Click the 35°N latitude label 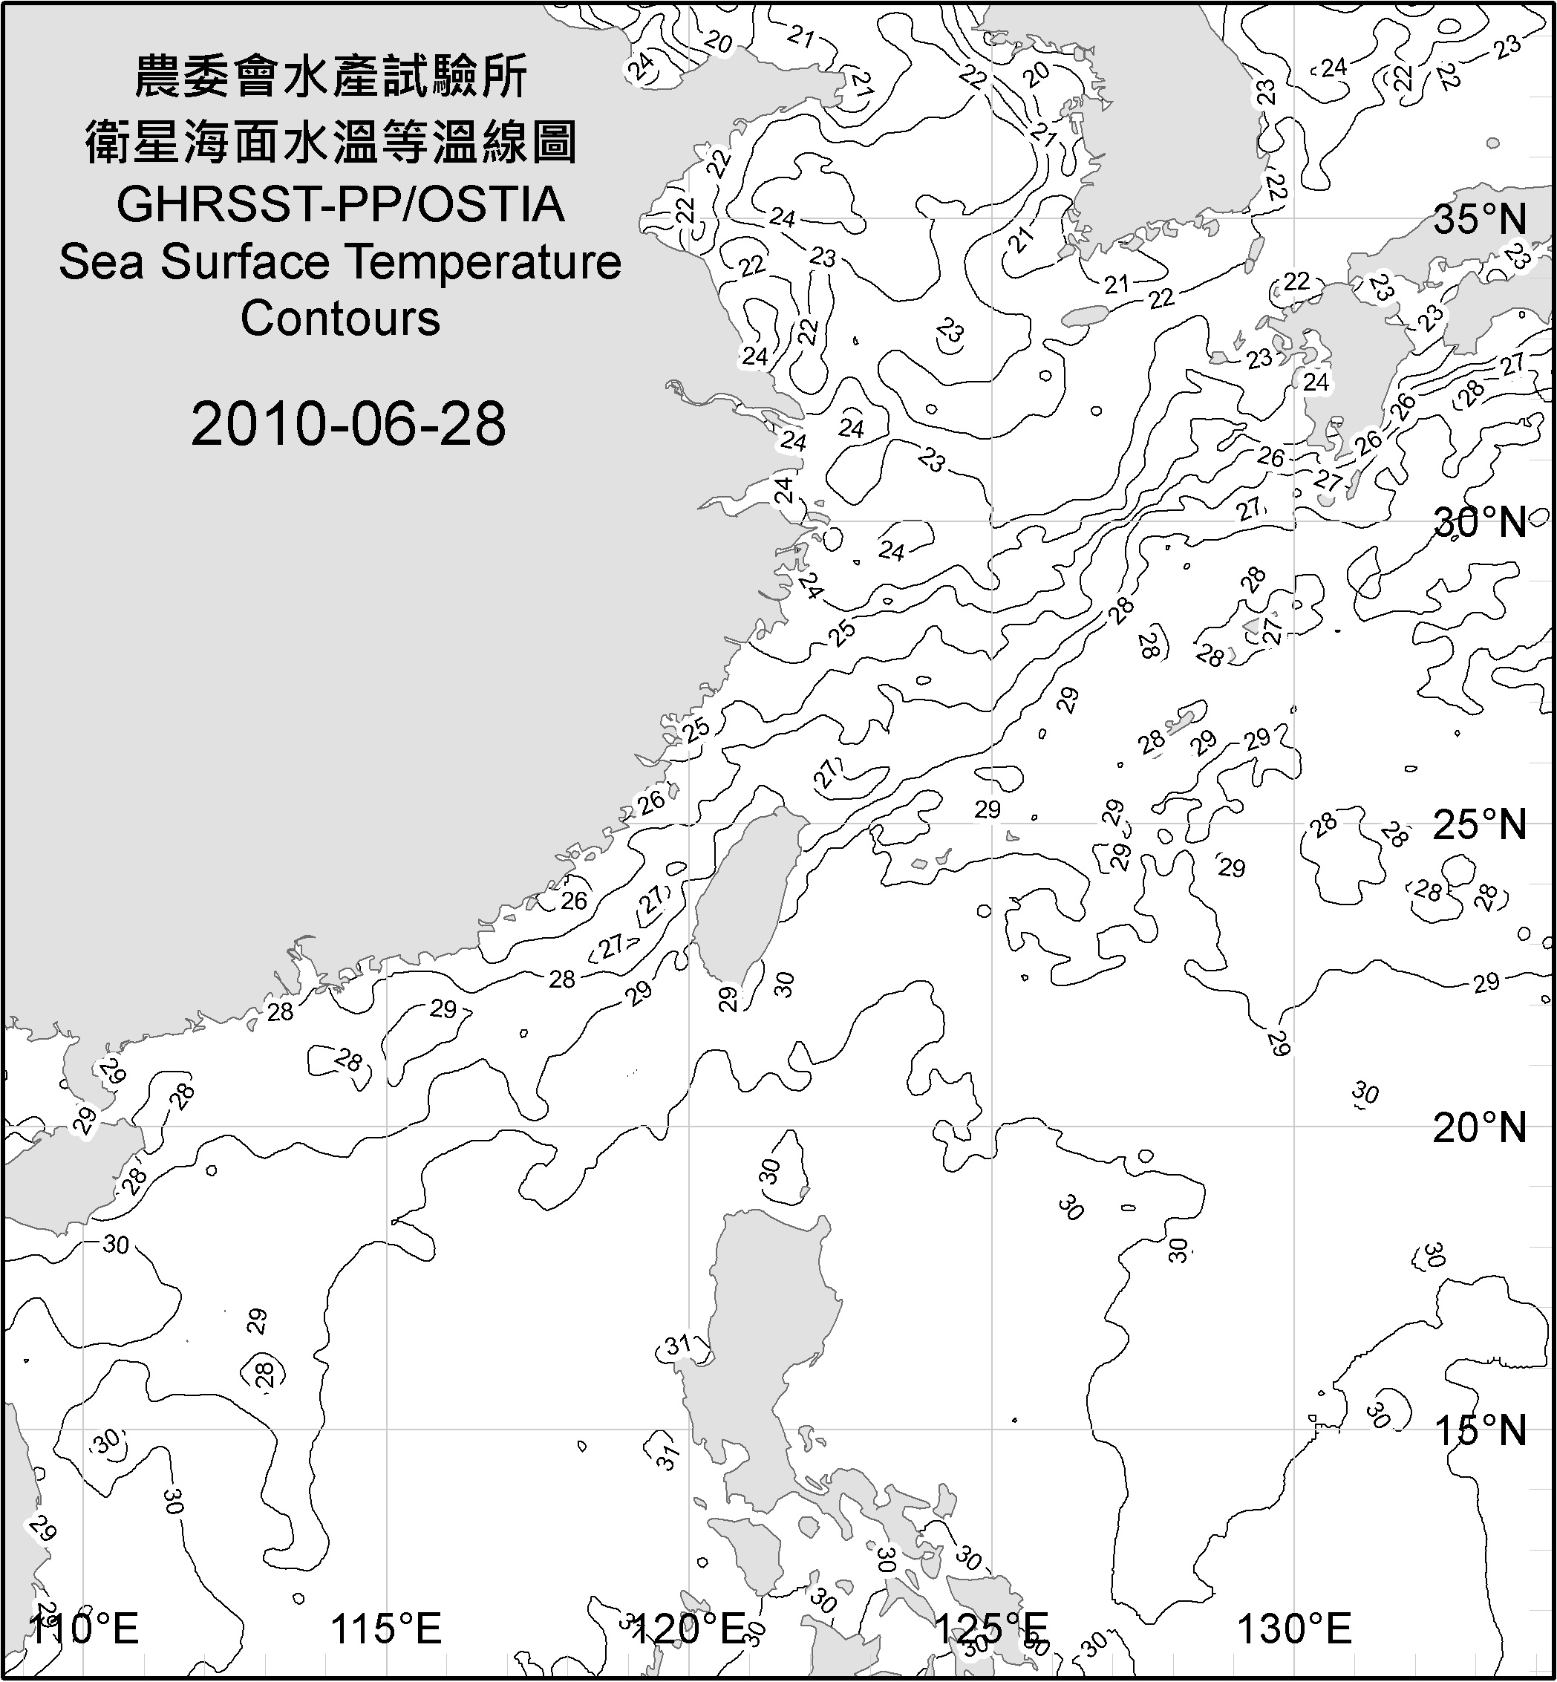point(1481,221)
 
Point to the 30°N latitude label point(1481,524)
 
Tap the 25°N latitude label point(1481,825)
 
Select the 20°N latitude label point(1481,1127)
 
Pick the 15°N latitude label point(1481,1430)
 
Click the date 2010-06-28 point(348,424)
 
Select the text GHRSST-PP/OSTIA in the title point(340,205)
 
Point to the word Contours point(340,319)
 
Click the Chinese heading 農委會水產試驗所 point(331,77)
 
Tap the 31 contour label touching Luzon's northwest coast point(678,1346)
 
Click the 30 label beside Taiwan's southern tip point(784,983)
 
